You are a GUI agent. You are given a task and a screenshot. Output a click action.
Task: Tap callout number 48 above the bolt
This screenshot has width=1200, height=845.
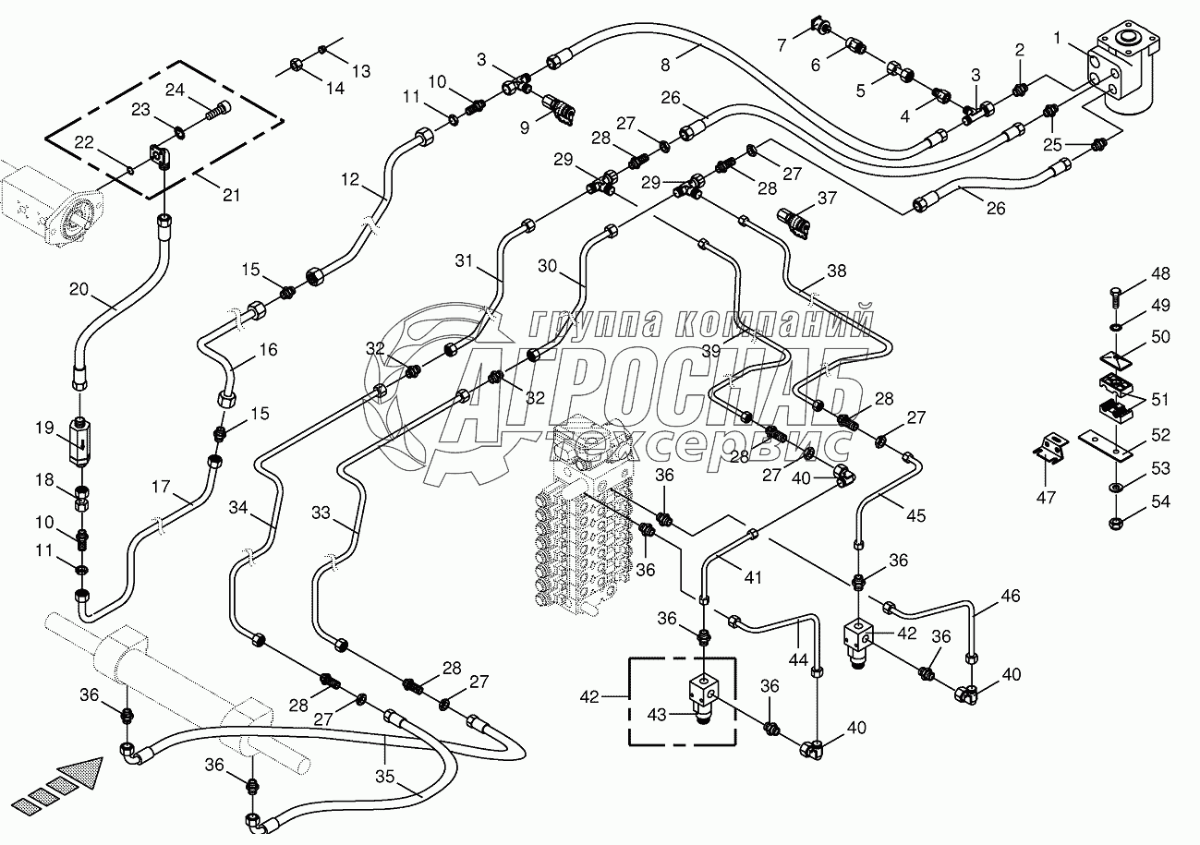pyautogui.click(x=1160, y=274)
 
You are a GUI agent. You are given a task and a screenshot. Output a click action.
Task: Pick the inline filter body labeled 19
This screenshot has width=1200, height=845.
pyautogui.click(x=80, y=441)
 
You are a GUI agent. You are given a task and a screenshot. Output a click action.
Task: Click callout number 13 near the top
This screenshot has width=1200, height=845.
pyautogui.click(x=360, y=70)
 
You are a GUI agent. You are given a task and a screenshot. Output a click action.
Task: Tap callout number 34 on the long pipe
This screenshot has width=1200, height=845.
pyautogui.click(x=238, y=507)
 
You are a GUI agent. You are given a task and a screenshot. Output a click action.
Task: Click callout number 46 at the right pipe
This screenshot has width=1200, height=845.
pyautogui.click(x=1010, y=597)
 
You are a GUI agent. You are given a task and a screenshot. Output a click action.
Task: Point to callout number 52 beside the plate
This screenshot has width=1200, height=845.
pyautogui.click(x=1160, y=435)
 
